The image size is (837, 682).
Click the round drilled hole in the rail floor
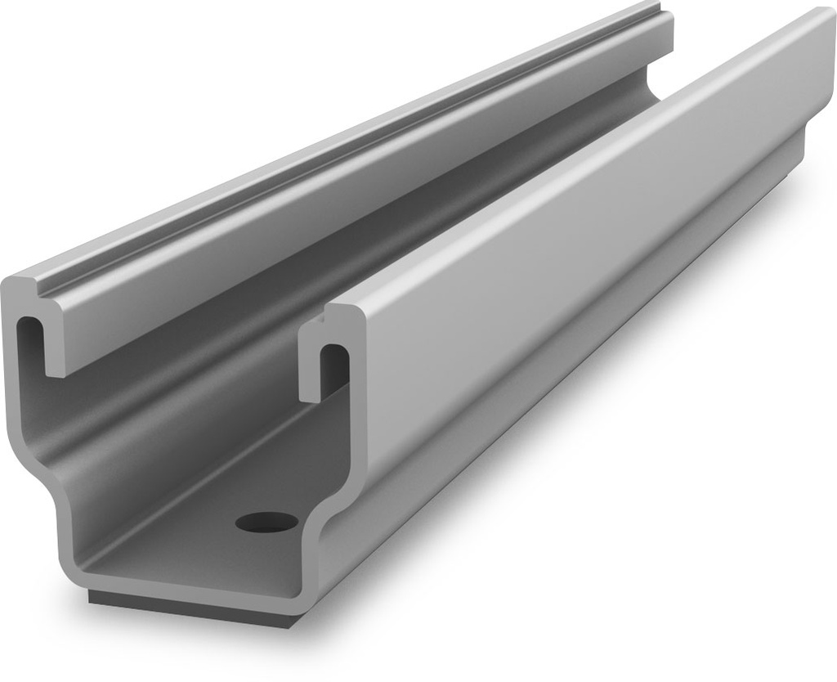point(266,520)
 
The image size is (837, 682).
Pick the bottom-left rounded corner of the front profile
point(69,572)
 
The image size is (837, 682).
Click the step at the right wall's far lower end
point(805,151)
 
